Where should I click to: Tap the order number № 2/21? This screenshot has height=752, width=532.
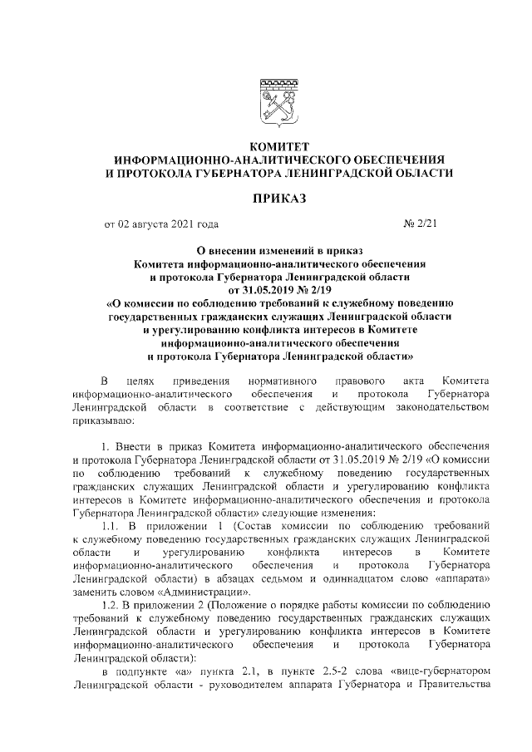point(421,224)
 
